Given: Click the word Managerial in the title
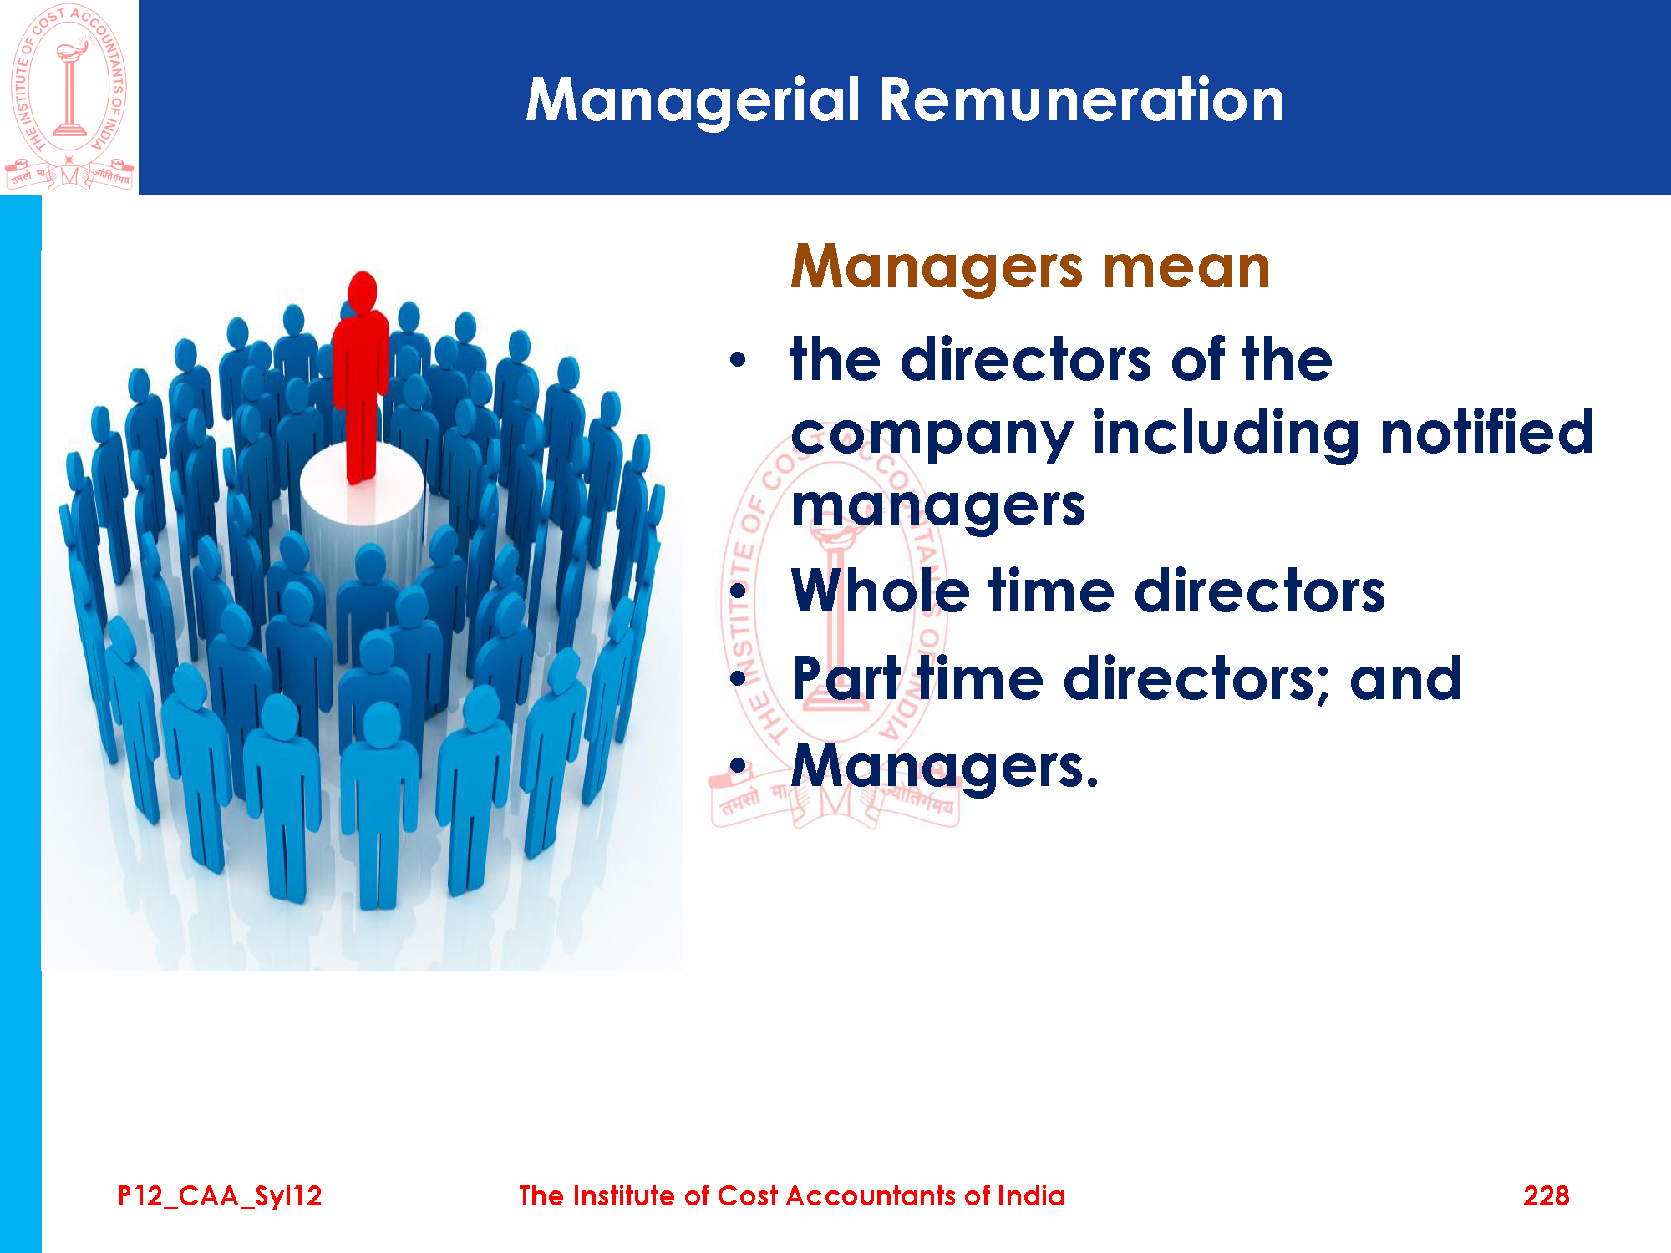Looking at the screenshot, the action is [693, 101].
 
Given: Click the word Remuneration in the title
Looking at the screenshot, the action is [1082, 100].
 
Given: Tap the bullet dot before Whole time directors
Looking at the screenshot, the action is [737, 591].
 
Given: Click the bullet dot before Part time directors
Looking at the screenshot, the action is [737, 678].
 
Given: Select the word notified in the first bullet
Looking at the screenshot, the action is [1486, 432].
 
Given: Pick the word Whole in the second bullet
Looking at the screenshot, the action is [881, 591].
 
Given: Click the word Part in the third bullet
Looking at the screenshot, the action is [846, 677].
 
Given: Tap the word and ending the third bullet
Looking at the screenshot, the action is [1405, 677].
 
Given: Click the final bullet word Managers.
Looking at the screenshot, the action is [944, 767].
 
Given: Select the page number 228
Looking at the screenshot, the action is [1546, 1196].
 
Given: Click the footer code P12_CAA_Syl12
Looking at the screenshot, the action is [220, 1196].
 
